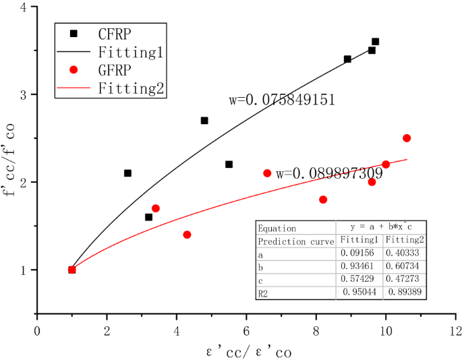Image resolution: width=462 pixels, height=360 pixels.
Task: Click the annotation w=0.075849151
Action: pos(282,100)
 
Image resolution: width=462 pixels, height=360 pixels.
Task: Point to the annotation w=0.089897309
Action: pos(329,173)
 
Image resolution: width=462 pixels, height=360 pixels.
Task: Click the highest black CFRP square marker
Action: pos(375,42)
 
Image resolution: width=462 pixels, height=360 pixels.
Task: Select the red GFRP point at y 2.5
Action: pos(407,138)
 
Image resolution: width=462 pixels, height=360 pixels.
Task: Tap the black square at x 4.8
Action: pos(204,121)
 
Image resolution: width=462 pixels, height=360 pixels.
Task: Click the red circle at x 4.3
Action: pos(187,235)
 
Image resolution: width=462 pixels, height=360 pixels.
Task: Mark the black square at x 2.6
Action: pos(127,173)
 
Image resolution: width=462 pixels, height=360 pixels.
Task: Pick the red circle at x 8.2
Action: pos(323,200)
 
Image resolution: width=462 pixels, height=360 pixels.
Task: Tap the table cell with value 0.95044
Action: pos(358,293)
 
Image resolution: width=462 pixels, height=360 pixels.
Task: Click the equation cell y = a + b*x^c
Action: pos(382,228)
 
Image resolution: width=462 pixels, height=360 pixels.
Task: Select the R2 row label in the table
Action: pos(264,293)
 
